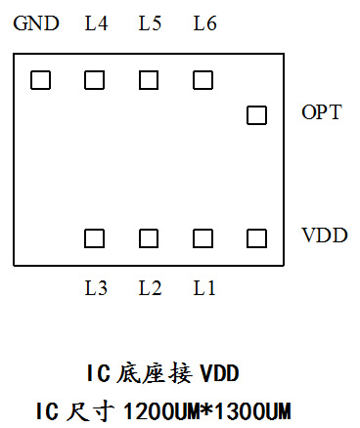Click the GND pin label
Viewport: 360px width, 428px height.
36,23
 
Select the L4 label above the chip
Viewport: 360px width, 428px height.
97,23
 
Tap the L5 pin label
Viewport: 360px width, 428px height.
150,23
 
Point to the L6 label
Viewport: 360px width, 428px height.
204,23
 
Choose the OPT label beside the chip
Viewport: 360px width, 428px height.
321,112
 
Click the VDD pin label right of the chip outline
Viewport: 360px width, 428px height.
324,236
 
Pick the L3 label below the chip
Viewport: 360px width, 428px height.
96,288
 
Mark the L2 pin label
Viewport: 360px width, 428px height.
150,288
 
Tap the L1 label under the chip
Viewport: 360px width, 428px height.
203,288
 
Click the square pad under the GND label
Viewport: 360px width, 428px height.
40,80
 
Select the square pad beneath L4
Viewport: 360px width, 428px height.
95,80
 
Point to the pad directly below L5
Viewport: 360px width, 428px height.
149,80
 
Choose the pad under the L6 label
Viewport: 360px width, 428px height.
202,80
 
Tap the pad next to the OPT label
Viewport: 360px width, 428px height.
256,115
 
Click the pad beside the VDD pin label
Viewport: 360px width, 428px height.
257,237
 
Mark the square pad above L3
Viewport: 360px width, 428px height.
95,237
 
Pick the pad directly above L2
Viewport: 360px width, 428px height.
149,237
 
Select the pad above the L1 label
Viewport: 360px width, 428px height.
202,237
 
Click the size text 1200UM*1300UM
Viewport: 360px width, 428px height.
208,408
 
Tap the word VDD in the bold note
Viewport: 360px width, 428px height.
219,373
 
